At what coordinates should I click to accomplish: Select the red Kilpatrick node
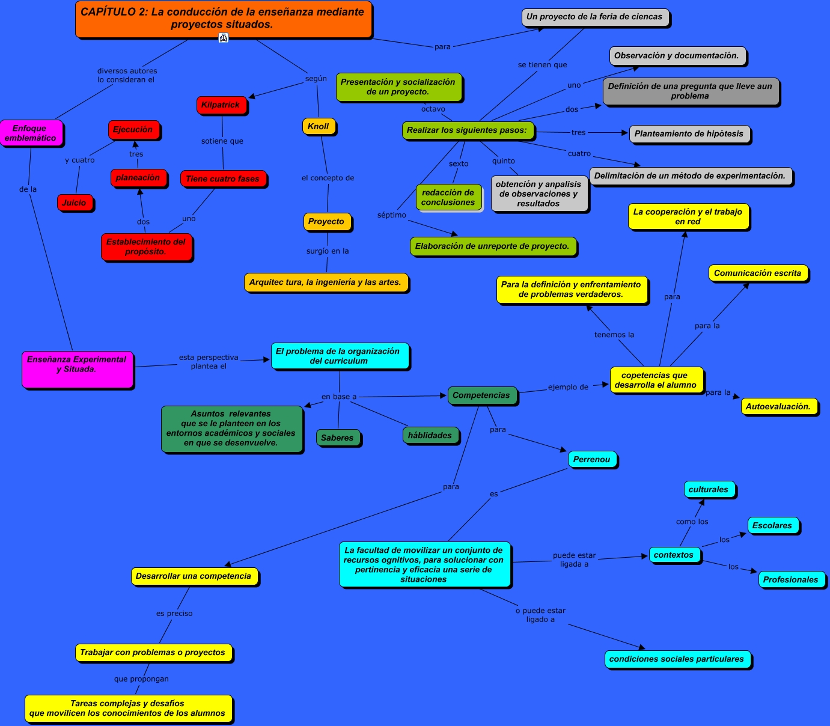pos(221,105)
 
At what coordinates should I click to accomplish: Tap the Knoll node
pos(319,126)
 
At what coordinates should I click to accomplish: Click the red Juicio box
pos(75,203)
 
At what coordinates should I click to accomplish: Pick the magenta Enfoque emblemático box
pos(31,133)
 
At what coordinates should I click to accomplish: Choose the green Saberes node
pos(338,438)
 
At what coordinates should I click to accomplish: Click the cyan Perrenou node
pos(592,460)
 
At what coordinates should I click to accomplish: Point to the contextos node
pos(674,555)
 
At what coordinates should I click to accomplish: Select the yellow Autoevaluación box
pos(778,407)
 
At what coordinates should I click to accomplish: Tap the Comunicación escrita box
pos(758,273)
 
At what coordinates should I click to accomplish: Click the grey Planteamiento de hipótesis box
pos(689,134)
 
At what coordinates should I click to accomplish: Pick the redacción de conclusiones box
pos(448,198)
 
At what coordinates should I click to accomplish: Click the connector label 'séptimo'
pos(392,215)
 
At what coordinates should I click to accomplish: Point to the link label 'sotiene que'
pos(222,141)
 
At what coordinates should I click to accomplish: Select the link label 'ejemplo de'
pos(568,388)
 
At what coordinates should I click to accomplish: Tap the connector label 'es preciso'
pos(174,614)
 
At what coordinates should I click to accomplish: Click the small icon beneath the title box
pos(224,38)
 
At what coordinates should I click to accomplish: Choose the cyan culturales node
pos(709,490)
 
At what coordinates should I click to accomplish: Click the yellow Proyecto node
pos(326,222)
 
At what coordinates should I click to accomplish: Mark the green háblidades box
pos(430,436)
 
